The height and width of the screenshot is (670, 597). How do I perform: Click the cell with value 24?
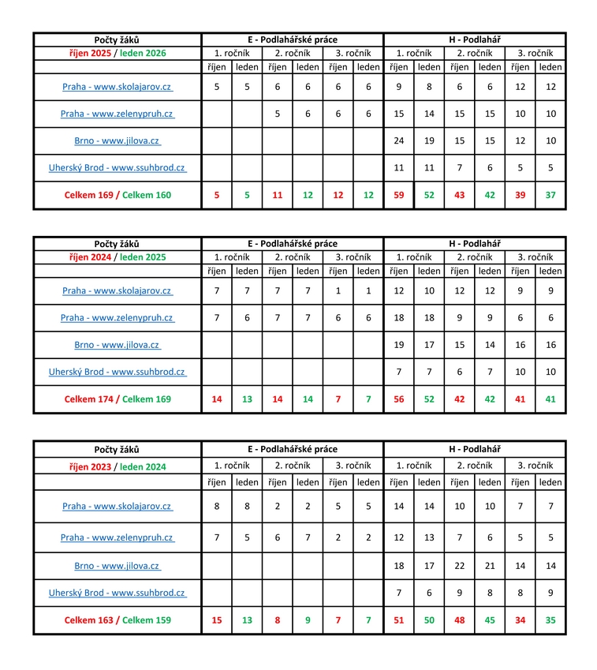(398, 141)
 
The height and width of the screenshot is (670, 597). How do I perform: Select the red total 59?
(398, 195)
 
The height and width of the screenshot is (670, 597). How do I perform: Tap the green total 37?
(550, 195)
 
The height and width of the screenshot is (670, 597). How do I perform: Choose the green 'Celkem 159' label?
(147, 620)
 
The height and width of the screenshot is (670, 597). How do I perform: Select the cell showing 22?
(459, 566)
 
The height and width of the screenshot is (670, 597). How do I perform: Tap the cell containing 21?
(490, 566)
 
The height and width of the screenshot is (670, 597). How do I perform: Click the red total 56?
(398, 399)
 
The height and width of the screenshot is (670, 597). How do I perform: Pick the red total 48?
(459, 620)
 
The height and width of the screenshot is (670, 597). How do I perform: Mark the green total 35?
(550, 620)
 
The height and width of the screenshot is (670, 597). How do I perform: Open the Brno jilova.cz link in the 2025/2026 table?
(117, 141)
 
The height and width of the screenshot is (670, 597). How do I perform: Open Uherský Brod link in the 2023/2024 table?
(117, 593)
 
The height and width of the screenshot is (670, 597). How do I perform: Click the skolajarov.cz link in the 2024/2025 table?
(117, 290)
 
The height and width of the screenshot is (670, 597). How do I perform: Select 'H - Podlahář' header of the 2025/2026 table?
(474, 39)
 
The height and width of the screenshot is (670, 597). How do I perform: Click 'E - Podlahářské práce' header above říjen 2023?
(292, 449)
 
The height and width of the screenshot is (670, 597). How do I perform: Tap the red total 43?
(459, 195)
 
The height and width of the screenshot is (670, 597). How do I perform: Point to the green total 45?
(490, 620)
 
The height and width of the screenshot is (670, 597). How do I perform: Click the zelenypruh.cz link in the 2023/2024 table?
(117, 537)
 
